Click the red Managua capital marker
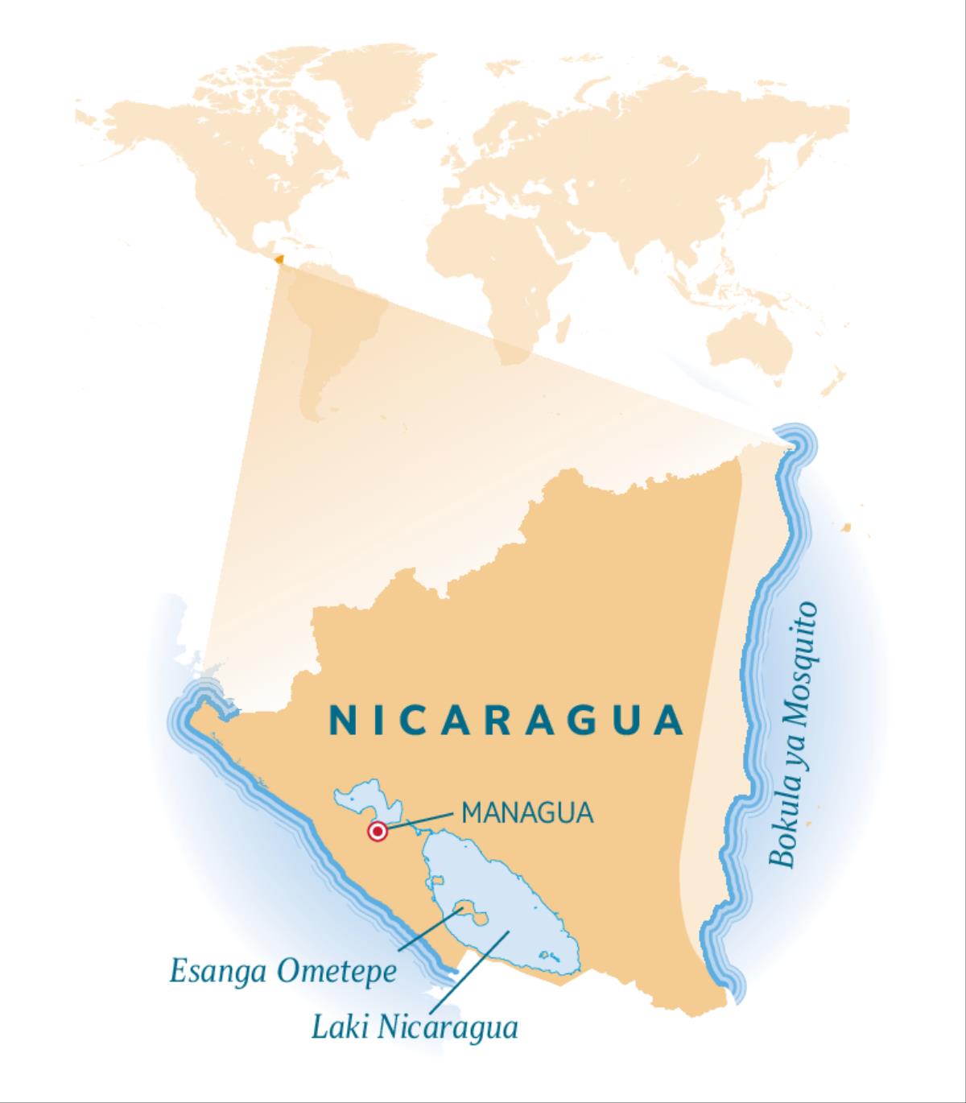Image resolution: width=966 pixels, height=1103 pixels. (x=376, y=832)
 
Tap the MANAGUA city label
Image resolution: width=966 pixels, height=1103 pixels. (x=527, y=812)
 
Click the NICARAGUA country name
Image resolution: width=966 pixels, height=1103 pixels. (x=506, y=720)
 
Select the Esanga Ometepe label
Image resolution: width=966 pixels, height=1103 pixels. (x=283, y=972)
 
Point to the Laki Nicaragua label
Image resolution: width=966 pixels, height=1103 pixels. (x=414, y=1027)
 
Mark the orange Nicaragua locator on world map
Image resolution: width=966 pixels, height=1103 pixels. (x=279, y=259)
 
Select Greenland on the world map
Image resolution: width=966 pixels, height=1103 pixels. (x=378, y=81)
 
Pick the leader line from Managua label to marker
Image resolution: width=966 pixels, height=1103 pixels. (x=419, y=820)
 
